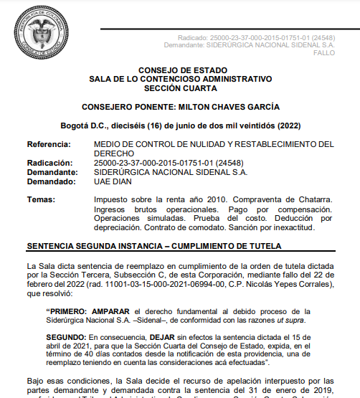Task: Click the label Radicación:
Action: pos(50,164)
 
